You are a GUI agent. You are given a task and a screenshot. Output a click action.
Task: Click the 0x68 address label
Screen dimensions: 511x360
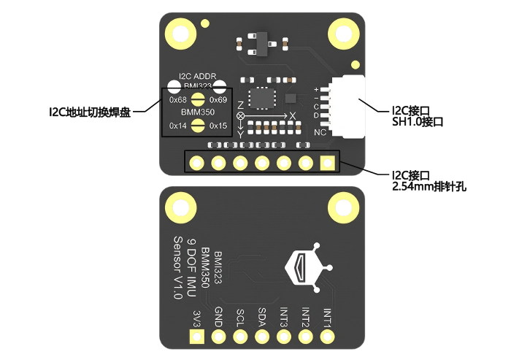point(178,100)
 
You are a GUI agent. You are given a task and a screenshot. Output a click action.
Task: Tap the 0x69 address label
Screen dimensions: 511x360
point(218,100)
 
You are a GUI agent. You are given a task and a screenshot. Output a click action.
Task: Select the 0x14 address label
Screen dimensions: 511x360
point(178,126)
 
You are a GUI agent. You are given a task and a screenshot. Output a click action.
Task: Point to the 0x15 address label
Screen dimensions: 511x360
point(218,126)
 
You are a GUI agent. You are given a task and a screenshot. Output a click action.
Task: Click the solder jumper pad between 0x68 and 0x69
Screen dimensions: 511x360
point(198,99)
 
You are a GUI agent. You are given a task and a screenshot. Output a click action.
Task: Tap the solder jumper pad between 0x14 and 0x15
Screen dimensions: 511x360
point(198,126)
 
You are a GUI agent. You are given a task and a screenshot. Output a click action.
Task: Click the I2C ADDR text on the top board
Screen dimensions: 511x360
point(198,76)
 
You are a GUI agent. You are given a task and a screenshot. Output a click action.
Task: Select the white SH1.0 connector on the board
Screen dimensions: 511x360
point(347,107)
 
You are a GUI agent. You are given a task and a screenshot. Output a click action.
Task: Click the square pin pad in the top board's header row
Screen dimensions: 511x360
point(328,163)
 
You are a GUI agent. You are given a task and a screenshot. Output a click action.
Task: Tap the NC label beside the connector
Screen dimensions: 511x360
point(320,132)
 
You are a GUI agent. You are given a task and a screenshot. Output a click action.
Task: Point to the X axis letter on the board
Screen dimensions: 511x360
point(292,116)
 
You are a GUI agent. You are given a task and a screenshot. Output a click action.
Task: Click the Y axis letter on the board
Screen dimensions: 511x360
point(240,134)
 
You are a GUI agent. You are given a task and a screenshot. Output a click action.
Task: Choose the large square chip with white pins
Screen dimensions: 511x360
point(262,98)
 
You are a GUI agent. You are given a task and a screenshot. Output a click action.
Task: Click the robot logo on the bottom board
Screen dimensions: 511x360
point(309,267)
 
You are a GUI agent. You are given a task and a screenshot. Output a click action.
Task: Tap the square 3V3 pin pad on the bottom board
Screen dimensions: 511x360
point(197,337)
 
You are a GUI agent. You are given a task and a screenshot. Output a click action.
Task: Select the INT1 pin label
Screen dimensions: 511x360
point(327,318)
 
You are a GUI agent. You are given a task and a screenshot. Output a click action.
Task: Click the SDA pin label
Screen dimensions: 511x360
point(262,318)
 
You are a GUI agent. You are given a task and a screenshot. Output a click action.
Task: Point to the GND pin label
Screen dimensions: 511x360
point(219,317)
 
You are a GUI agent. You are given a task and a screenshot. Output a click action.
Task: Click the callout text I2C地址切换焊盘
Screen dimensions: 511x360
point(90,112)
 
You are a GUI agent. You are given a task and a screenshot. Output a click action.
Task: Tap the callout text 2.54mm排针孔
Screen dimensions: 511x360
point(429,187)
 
